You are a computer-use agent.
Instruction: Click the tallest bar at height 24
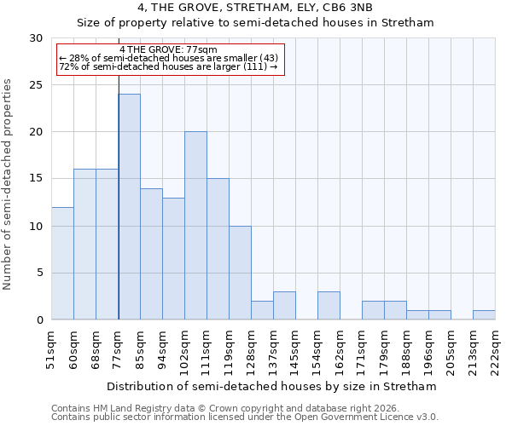[x=129, y=207]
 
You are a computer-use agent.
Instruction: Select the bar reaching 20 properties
[x=195, y=226]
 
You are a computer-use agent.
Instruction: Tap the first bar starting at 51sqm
[x=62, y=263]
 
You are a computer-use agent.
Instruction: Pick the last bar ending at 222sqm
[x=484, y=314]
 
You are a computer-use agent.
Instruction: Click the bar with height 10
[x=240, y=273]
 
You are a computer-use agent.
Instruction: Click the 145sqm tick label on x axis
[x=295, y=348]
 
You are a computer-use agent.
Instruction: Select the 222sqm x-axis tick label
[x=495, y=348]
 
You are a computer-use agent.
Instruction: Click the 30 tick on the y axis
[x=36, y=38]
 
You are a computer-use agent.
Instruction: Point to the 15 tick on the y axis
[x=36, y=179]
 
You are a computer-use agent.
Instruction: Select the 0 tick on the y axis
[x=39, y=320]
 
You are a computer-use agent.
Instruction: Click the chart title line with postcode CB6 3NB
[x=255, y=9]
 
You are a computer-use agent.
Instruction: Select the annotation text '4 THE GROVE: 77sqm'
[x=169, y=50]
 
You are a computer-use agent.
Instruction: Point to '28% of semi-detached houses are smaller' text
[x=168, y=58]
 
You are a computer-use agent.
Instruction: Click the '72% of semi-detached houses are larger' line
[x=168, y=66]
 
